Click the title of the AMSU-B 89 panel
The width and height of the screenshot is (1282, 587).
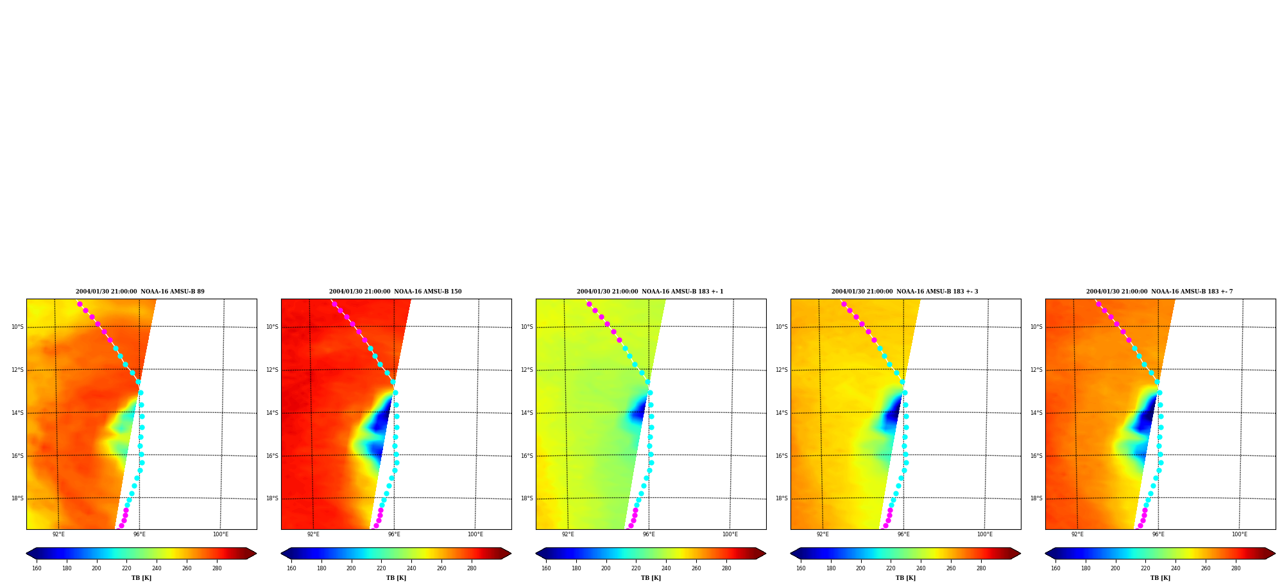[x=140, y=292]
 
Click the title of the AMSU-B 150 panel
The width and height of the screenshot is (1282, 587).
[x=395, y=292]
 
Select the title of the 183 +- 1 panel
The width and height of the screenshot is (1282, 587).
[x=650, y=292]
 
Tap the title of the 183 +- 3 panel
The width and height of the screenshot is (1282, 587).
[x=905, y=292]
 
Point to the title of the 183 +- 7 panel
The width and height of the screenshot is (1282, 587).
[x=1159, y=292]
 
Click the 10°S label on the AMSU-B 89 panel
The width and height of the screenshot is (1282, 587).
[x=17, y=327]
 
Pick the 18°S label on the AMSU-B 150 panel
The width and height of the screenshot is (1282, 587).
[x=272, y=498]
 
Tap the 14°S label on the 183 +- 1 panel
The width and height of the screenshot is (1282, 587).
[x=527, y=413]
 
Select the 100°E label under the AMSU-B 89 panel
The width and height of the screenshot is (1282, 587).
[x=221, y=534]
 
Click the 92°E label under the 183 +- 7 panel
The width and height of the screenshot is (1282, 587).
[x=1077, y=534]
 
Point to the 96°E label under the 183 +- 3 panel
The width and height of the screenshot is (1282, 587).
[x=903, y=534]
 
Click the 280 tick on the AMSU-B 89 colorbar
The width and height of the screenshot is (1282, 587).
[x=217, y=568]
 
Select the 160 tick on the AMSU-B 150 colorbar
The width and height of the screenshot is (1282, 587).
[x=291, y=568]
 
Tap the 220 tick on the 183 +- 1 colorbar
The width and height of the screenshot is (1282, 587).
[x=636, y=568]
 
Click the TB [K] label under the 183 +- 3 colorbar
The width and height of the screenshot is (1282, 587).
[x=905, y=578]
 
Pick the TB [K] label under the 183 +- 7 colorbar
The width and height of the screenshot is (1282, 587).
[x=1160, y=578]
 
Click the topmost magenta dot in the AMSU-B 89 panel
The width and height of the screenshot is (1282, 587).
[x=80, y=304]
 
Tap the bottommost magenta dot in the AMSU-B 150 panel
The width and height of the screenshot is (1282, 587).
[x=376, y=525]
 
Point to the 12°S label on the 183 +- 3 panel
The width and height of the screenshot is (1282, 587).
[x=782, y=370]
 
